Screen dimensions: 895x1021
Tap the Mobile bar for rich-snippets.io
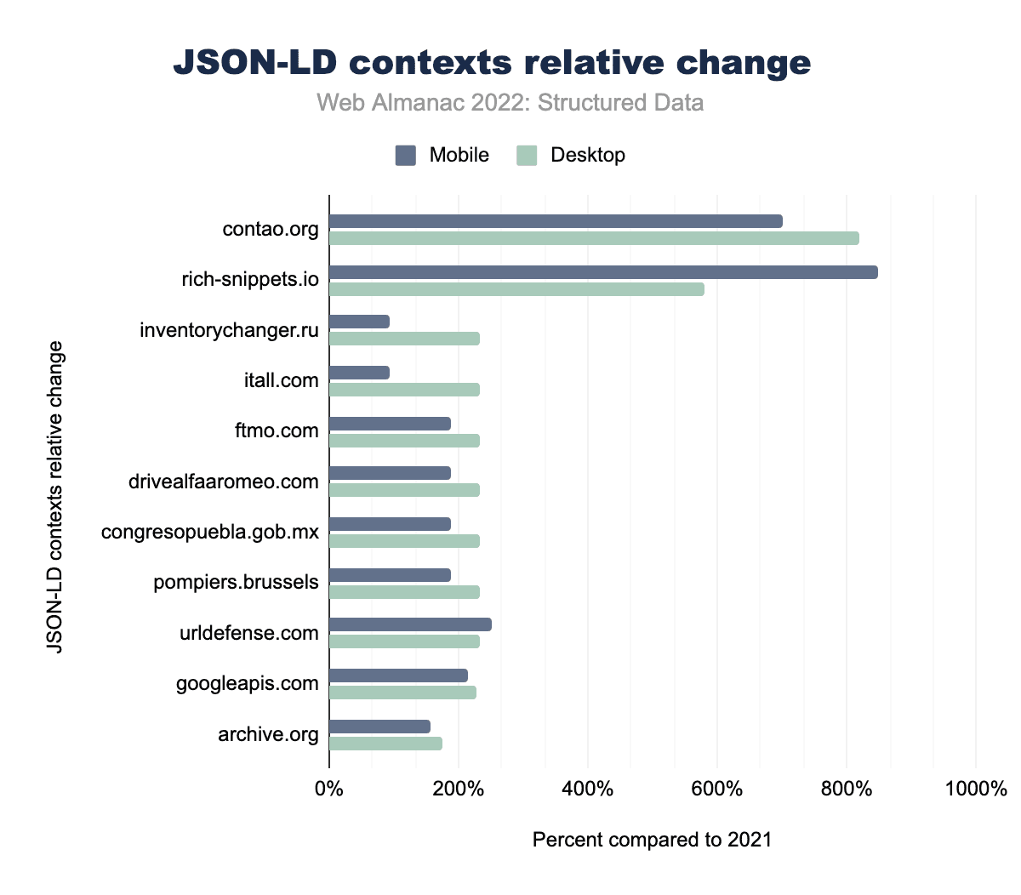pyautogui.click(x=603, y=272)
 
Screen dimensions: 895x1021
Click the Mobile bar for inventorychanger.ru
pyautogui.click(x=359, y=322)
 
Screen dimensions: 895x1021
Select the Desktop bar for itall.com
pyautogui.click(x=404, y=390)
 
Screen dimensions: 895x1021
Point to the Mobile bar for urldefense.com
pyautogui.click(x=410, y=624)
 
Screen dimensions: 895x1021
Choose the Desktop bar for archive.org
pyautogui.click(x=385, y=744)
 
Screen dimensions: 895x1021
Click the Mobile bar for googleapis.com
pyautogui.click(x=398, y=676)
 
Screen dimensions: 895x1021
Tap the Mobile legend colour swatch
pyautogui.click(x=406, y=155)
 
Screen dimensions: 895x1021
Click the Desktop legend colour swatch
pyautogui.click(x=528, y=155)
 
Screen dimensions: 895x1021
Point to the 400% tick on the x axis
pyautogui.click(x=588, y=789)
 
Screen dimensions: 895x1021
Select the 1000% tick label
pyautogui.click(x=975, y=789)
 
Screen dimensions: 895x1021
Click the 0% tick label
pyautogui.click(x=329, y=789)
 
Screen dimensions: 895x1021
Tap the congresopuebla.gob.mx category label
pyautogui.click(x=210, y=533)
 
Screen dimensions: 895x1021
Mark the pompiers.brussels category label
pyautogui.click(x=237, y=583)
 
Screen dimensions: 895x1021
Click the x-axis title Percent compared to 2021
pyautogui.click(x=652, y=841)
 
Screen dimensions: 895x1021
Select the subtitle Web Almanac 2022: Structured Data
pyautogui.click(x=510, y=103)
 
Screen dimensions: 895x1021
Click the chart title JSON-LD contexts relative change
pyautogui.click(x=492, y=63)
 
